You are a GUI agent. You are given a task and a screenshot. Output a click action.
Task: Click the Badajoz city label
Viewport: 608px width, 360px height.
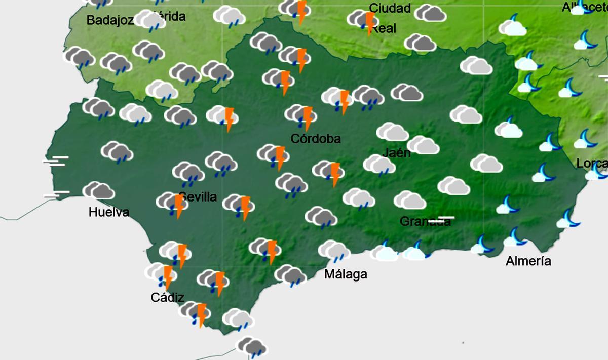(110, 21)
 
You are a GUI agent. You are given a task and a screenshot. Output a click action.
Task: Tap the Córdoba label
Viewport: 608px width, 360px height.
(316, 139)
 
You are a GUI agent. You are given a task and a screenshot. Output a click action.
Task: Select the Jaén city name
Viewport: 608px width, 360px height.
(397, 152)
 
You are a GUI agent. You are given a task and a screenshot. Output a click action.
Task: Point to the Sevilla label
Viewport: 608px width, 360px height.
(198, 197)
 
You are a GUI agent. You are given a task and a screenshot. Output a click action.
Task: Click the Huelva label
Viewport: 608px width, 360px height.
(109, 212)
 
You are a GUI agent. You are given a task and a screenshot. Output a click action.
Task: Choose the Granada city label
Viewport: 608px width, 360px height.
(425, 222)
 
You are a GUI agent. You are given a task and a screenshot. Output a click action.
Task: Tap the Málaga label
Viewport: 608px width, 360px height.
(346, 274)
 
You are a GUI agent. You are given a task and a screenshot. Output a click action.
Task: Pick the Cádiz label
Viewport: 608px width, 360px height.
(167, 297)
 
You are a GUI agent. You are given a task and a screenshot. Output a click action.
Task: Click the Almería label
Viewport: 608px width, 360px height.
(528, 261)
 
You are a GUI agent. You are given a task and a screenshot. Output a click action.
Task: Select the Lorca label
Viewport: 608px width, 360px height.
(592, 164)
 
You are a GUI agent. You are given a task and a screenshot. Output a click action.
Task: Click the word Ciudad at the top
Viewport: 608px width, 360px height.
(390, 8)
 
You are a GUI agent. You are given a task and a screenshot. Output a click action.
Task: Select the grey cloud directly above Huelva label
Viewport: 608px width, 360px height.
(99, 191)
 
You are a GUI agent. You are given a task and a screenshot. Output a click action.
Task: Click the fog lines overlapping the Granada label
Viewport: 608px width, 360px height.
(441, 220)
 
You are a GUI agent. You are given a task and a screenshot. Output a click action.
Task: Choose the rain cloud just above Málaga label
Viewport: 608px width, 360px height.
(333, 251)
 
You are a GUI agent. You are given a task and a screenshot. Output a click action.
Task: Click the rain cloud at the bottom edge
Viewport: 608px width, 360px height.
(252, 347)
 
